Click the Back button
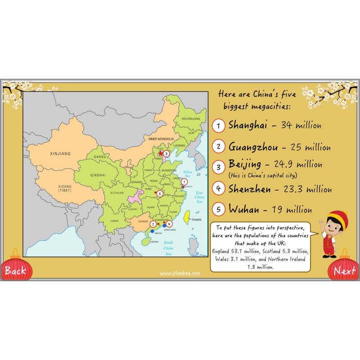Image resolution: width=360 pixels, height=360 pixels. click(x=15, y=270)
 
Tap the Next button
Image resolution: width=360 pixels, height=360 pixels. click(x=345, y=271)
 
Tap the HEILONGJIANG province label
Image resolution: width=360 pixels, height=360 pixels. click(x=189, y=118)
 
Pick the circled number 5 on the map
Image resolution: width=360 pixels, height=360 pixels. click(x=160, y=194)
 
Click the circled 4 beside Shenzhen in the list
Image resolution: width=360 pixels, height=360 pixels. click(x=218, y=189)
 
